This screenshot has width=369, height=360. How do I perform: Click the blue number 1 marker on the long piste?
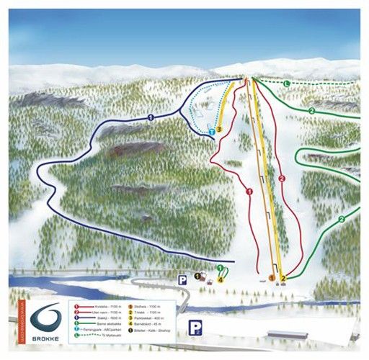click(151, 116)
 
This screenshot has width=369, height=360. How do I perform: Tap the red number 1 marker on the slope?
click(249, 192)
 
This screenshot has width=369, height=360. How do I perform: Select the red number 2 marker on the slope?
click(282, 177)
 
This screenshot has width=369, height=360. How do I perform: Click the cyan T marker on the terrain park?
click(212, 132)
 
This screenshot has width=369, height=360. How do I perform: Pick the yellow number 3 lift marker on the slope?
click(219, 129)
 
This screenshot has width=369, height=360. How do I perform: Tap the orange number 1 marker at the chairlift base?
click(272, 277)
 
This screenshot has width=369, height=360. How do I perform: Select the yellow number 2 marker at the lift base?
click(284, 277)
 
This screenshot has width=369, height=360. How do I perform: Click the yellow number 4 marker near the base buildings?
click(220, 279)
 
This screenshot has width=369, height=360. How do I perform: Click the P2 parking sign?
click(194, 328)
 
